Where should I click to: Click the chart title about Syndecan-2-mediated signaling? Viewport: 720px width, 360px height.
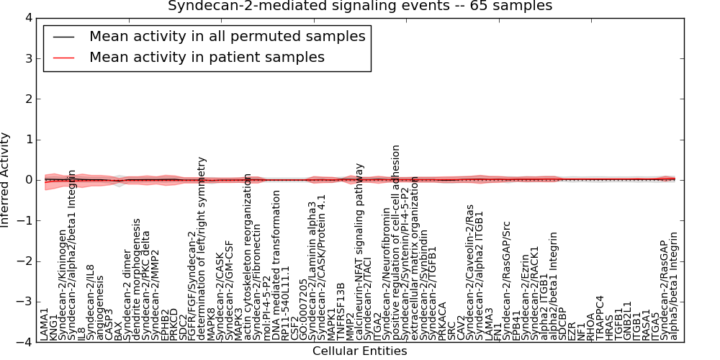pyautogui.click(x=360, y=6)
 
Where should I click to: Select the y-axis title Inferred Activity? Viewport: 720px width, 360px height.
pyautogui.click(x=6, y=180)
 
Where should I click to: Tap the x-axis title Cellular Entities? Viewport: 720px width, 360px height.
pyautogui.click(x=359, y=351)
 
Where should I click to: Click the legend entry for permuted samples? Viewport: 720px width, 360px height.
pyautogui.click(x=227, y=36)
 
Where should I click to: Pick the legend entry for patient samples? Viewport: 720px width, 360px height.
pyautogui.click(x=207, y=57)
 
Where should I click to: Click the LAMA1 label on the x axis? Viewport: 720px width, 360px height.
pyautogui.click(x=45, y=324)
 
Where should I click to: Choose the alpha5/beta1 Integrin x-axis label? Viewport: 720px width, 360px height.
pyautogui.click(x=674, y=287)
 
